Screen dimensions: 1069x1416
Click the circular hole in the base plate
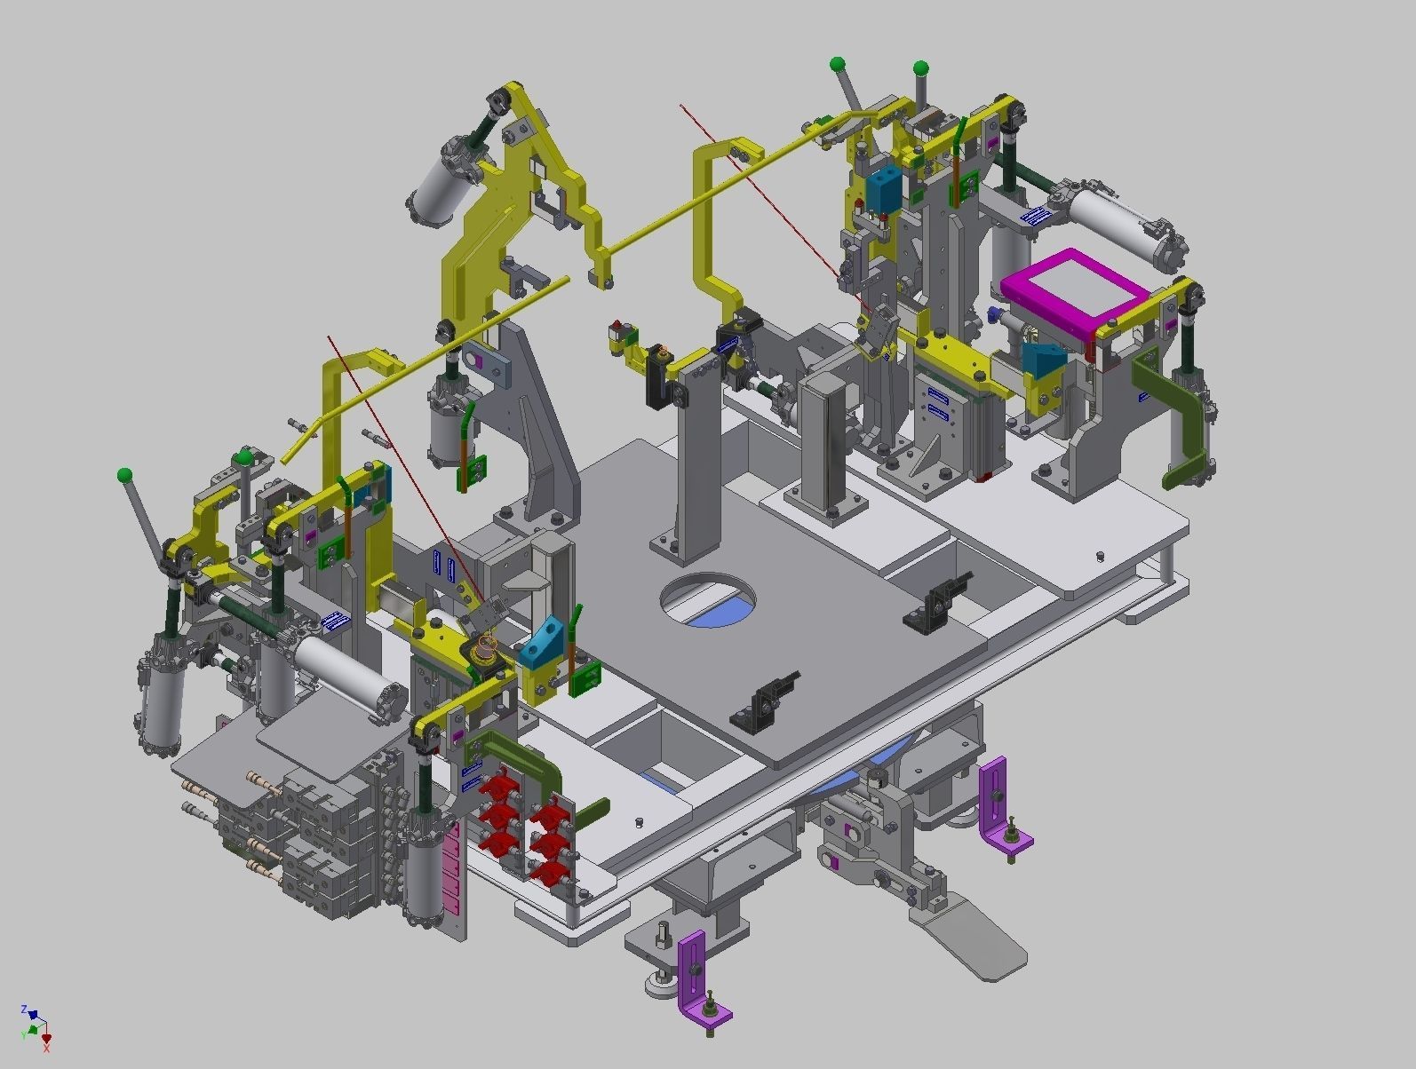coord(708,599)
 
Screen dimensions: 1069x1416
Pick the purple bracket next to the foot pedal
coord(1000,804)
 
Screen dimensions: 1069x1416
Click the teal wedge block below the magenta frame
coord(1044,360)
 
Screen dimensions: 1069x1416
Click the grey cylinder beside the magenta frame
coord(1124,221)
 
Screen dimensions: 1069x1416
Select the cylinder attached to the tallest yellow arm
coord(440,191)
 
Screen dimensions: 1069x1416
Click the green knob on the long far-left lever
coord(124,475)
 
